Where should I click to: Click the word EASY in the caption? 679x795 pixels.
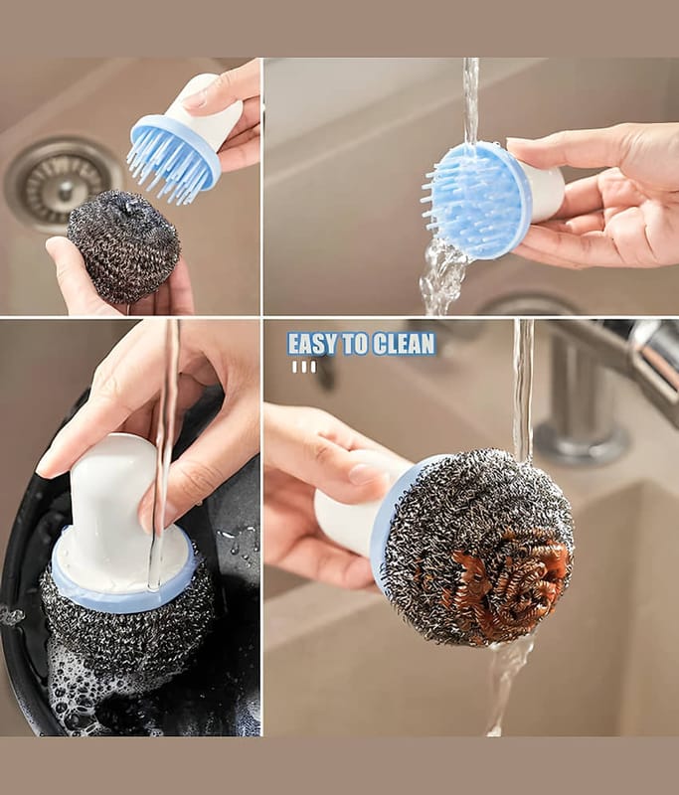312,343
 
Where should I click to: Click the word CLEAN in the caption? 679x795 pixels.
405,343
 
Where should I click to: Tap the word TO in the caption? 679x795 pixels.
355,343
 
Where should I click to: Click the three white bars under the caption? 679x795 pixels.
304,367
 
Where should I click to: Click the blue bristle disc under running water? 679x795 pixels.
474,201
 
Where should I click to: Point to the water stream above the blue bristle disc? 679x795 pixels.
471,101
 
